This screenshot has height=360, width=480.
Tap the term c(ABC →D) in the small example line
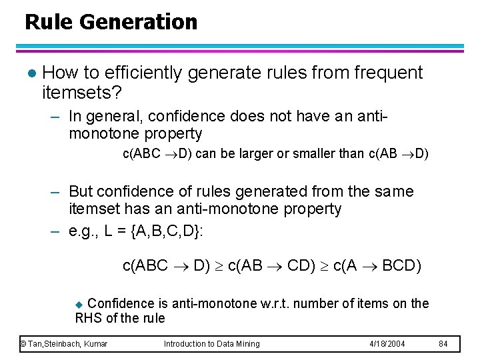pos(157,154)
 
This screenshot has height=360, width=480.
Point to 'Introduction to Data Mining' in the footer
pos(212,344)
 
